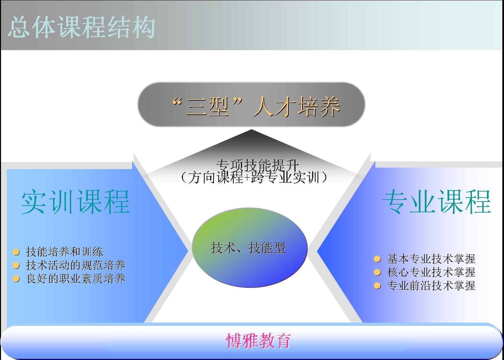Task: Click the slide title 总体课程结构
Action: pos(82,27)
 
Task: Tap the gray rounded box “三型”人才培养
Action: pos(251,104)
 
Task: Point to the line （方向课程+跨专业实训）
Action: pos(254,177)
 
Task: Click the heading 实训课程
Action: pos(76,202)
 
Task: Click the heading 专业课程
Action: pos(436,202)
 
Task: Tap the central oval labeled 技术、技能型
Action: pos(250,247)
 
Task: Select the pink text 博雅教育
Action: pos(258,341)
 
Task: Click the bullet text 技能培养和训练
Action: pos(65,252)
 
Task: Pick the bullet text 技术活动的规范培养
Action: pos(76,265)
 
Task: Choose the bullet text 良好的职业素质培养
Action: pos(76,279)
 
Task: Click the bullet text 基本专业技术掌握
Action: pos(431,259)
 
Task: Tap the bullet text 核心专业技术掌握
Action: pos(431,272)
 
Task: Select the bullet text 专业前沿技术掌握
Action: pos(431,286)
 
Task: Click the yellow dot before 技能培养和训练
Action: pos(16,252)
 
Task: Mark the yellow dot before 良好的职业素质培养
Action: pos(16,279)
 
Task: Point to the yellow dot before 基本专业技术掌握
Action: pos(377,259)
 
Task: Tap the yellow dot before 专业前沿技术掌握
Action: pos(377,286)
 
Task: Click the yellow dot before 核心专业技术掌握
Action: pos(377,272)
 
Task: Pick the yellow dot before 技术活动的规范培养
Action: pos(16,265)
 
